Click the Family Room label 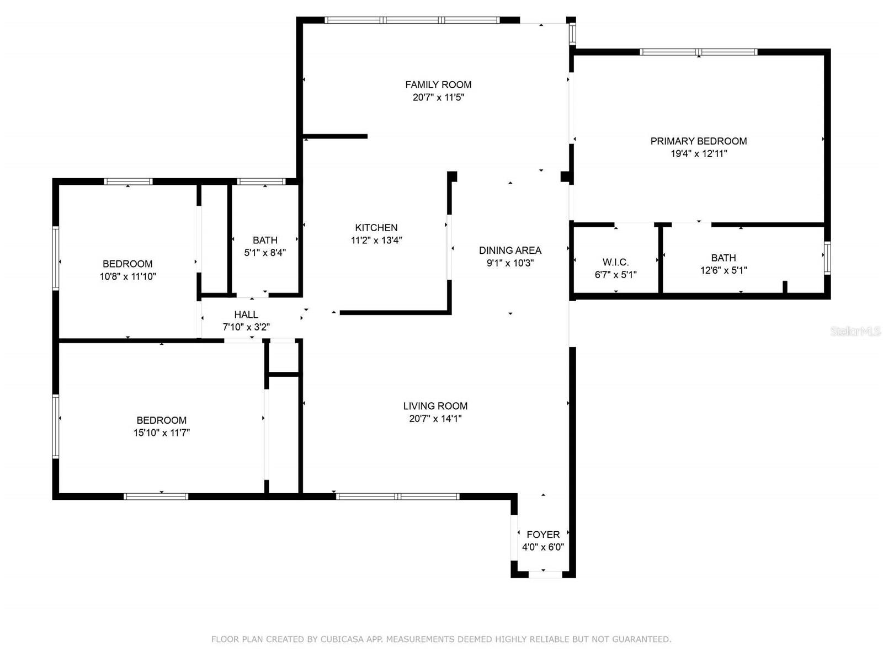tap(438, 84)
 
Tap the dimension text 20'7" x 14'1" tap(435, 419)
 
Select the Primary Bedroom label tap(698, 141)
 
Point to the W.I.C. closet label tap(615, 262)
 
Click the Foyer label tap(543, 535)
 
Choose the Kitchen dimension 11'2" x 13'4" tap(376, 241)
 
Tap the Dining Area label tap(510, 250)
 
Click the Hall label tap(246, 314)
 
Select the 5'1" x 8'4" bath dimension tap(265, 253)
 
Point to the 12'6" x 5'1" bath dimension tap(724, 270)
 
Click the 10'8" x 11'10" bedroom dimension tap(128, 277)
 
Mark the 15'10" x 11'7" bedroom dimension tap(162, 433)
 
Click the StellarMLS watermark tap(855, 331)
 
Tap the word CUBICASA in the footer tap(344, 639)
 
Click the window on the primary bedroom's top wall tap(698, 52)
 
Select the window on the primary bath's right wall tap(827, 258)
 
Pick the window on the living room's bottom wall tap(397, 496)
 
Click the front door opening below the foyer tap(545, 575)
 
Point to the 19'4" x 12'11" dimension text tap(699, 154)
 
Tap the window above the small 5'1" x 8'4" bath tap(261, 181)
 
